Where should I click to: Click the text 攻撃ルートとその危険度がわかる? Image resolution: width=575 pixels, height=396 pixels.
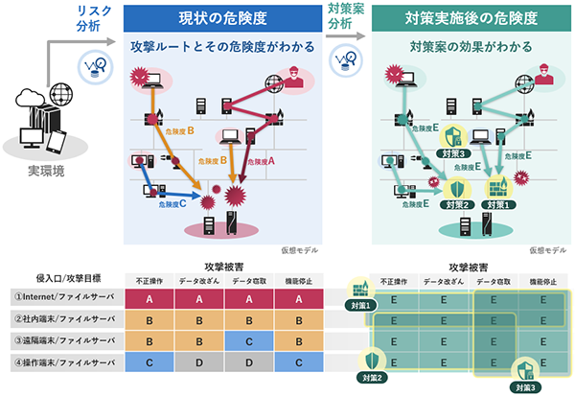pos(220,45)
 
